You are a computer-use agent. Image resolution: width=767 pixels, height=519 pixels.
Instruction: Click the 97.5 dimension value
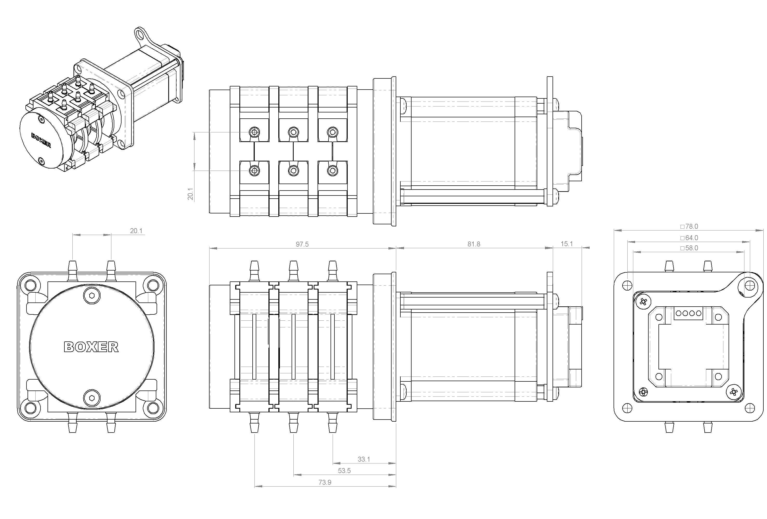pos(302,244)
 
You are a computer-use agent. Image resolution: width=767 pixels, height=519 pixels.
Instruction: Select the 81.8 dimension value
pos(474,244)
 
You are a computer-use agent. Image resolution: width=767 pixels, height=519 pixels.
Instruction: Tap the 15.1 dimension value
pos(567,244)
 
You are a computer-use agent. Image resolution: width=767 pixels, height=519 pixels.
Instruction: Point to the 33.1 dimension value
pos(364,459)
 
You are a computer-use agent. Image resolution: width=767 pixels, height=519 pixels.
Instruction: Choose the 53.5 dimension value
pos(344,470)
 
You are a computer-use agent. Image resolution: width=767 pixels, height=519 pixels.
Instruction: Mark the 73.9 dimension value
pos(325,482)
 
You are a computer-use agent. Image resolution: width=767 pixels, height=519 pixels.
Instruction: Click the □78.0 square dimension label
pos(689,226)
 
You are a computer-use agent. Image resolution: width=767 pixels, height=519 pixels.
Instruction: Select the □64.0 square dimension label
pos(689,238)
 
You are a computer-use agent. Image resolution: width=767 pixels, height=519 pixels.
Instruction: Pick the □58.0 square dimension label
pos(689,248)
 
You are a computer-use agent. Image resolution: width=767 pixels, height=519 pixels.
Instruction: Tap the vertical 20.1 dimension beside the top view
pos(190,194)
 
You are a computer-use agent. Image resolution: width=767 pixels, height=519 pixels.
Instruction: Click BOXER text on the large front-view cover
pos(91,347)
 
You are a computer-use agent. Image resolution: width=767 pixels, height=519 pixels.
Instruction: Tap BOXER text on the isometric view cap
pos(41,140)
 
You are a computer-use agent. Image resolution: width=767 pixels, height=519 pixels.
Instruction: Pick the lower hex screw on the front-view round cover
pos(92,397)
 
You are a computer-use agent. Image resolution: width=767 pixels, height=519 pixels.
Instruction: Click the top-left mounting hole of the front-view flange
pos(30,285)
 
